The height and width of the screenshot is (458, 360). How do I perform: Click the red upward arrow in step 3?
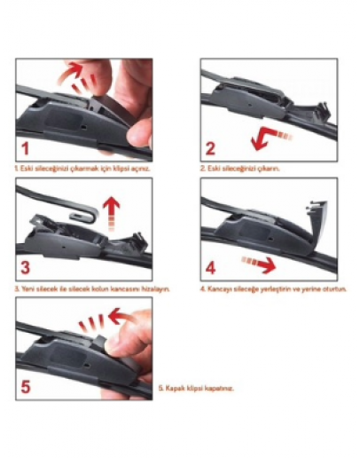pos(113,210)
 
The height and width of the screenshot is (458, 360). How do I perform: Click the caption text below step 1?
pos(75,167)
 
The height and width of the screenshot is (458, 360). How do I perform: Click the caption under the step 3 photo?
pos(91,288)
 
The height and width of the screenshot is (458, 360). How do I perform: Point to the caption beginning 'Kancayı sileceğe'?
pos(272,288)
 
